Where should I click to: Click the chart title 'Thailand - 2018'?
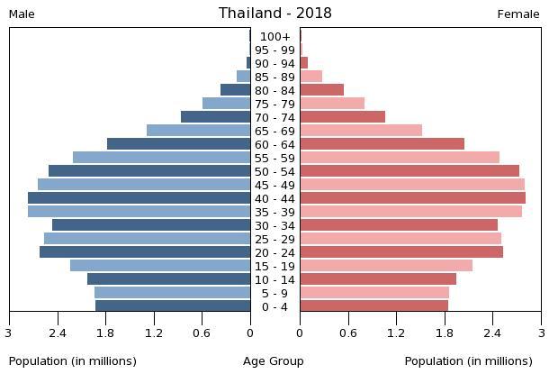click(x=274, y=14)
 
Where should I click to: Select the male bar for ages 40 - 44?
click(x=139, y=198)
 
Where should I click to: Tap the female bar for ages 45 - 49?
click(x=412, y=185)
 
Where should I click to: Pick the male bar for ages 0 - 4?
click(x=173, y=306)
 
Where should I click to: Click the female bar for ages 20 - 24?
click(x=401, y=252)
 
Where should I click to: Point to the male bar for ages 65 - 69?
click(x=198, y=131)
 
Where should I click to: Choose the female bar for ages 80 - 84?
click(x=322, y=90)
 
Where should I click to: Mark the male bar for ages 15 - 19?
click(x=160, y=266)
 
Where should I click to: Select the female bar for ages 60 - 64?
click(x=382, y=144)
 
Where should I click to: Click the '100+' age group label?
click(x=274, y=37)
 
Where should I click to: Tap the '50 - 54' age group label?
click(x=274, y=172)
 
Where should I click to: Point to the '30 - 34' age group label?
click(x=274, y=226)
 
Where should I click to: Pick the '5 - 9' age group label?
click(x=274, y=294)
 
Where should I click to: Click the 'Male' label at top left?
click(x=22, y=14)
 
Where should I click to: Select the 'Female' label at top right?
click(x=518, y=14)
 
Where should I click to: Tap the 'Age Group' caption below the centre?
click(x=274, y=361)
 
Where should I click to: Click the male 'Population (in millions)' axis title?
click(x=73, y=361)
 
